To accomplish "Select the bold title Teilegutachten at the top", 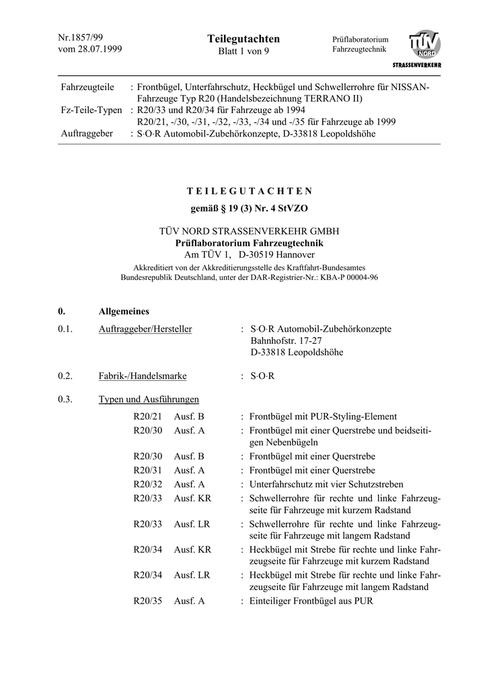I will click(243, 39).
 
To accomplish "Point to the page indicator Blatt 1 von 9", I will click(243, 52).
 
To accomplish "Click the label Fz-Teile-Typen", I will click(91, 110).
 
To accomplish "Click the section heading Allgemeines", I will click(124, 312).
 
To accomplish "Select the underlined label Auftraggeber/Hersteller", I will click(145, 329).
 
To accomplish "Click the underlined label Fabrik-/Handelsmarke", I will click(143, 376).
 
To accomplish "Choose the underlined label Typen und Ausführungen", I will click(149, 400).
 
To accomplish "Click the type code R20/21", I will click(148, 416).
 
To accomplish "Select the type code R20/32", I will click(148, 484).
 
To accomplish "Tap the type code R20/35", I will click(148, 601).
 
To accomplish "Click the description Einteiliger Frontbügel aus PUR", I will click(311, 601).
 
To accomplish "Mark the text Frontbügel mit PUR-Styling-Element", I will click(323, 416).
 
